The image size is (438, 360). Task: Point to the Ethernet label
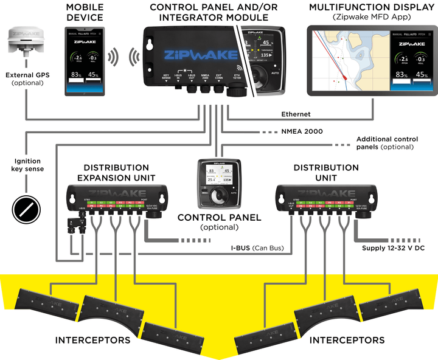coord(296,114)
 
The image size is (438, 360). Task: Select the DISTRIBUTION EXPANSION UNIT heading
coord(116,172)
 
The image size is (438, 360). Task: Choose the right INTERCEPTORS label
coord(347,340)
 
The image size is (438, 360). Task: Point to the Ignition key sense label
coord(27,166)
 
